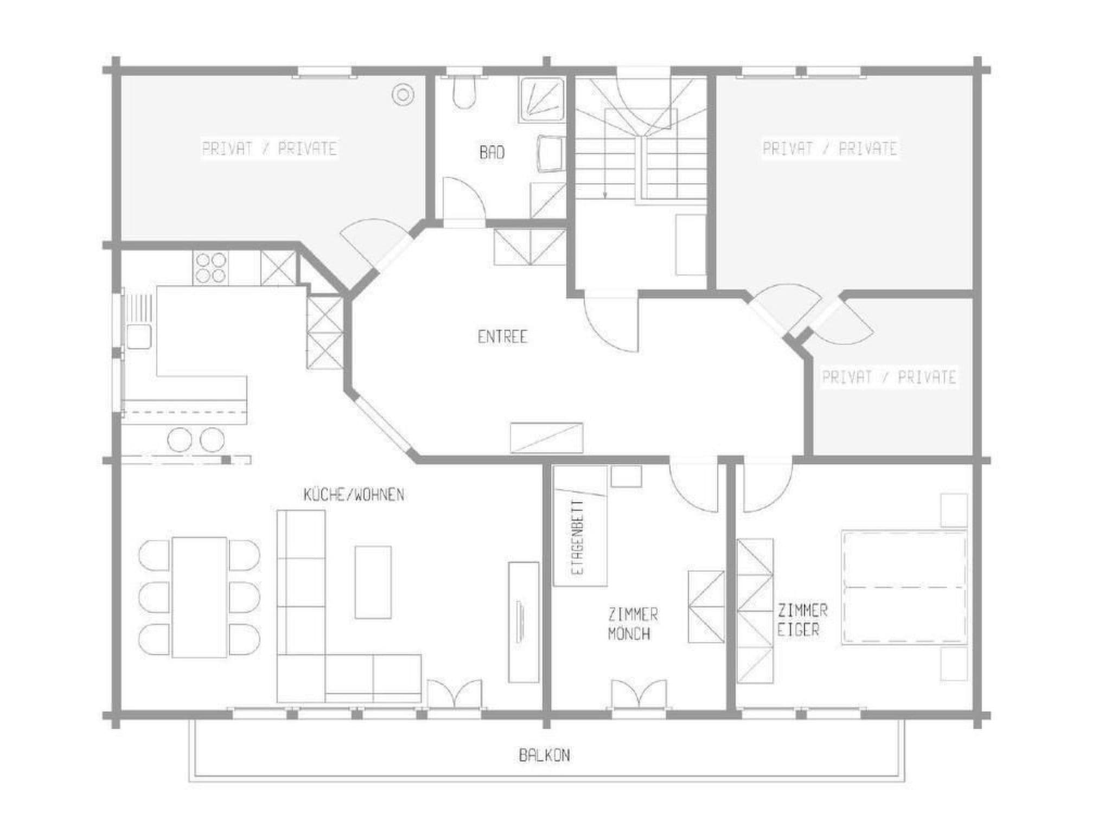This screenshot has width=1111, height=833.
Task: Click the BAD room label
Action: click(x=492, y=152)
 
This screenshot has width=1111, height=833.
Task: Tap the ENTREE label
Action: click(x=502, y=337)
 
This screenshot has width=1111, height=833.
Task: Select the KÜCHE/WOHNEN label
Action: click(x=354, y=495)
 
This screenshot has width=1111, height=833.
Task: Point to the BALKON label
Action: click(x=544, y=755)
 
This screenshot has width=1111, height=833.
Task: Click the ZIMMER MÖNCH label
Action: click(x=633, y=624)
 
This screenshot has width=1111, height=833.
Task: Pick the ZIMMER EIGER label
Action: click(x=802, y=620)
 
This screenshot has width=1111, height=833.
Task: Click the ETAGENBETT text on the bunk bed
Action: click(x=579, y=537)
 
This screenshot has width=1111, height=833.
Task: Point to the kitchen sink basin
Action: click(x=139, y=337)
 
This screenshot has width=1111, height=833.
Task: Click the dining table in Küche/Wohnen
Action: click(x=199, y=597)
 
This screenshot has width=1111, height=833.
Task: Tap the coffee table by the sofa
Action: click(x=373, y=582)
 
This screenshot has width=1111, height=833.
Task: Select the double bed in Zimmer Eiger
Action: click(x=904, y=588)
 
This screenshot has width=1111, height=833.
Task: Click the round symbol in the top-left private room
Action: click(x=403, y=95)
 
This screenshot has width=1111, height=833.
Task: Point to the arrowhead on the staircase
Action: click(x=605, y=194)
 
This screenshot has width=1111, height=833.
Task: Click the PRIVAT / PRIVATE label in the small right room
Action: click(x=889, y=377)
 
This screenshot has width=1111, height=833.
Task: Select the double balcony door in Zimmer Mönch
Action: click(x=638, y=694)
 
